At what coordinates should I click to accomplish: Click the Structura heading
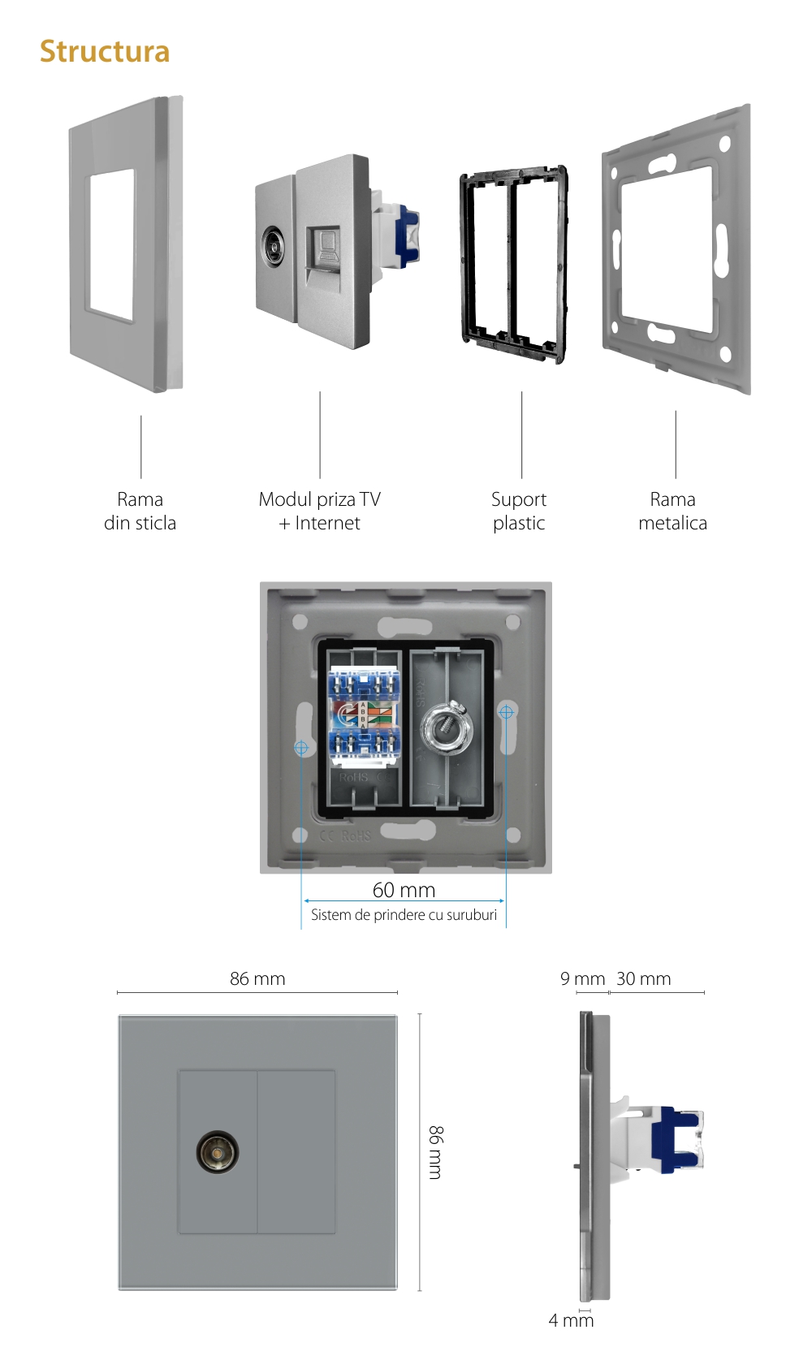pos(105,52)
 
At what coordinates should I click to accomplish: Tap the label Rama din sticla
pos(140,511)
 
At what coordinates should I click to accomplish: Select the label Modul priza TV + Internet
pos(319,511)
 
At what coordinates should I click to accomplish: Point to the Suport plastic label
pos(519,511)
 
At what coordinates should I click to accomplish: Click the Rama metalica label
pos(672,511)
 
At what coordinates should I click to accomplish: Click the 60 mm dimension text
pos(404,890)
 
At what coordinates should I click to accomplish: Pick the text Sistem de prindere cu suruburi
pos(404,915)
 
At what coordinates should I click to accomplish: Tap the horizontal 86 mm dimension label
pos(257,978)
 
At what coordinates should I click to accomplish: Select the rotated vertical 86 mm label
pos(436,1152)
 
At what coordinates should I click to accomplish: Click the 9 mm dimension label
pos(582,978)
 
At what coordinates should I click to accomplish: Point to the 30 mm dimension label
pos(644,978)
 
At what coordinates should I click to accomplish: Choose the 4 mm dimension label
pos(571,1320)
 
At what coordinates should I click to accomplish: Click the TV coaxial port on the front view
pos(217,1152)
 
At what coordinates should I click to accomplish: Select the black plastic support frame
pos(513,264)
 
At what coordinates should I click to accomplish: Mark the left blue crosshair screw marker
pos(301,747)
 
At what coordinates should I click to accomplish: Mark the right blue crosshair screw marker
pos(506,712)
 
